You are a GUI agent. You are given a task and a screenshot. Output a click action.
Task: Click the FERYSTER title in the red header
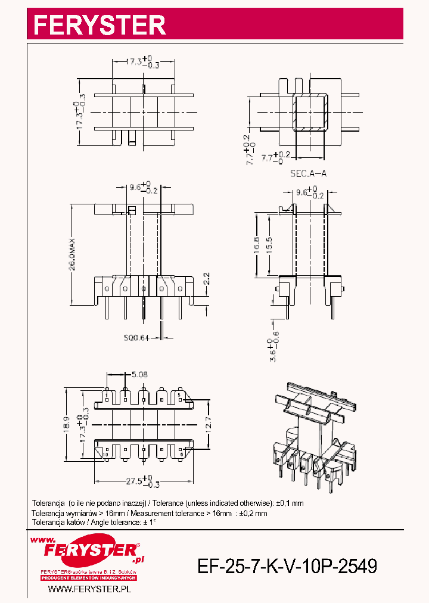(100, 24)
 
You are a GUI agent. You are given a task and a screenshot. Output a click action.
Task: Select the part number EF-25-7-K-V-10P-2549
(287, 565)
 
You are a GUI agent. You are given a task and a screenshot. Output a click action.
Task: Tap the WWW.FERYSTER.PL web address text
(89, 589)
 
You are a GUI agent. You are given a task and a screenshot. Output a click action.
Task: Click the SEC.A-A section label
(308, 174)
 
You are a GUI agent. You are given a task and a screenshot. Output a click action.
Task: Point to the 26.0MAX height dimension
(72, 254)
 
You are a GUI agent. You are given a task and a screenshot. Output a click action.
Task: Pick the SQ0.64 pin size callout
(136, 337)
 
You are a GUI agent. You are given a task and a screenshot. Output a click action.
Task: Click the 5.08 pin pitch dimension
(141, 375)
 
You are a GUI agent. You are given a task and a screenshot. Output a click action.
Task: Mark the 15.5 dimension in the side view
(269, 244)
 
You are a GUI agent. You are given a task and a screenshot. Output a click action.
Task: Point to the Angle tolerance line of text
(94, 522)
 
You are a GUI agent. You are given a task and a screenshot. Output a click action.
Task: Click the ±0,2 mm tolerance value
(253, 513)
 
